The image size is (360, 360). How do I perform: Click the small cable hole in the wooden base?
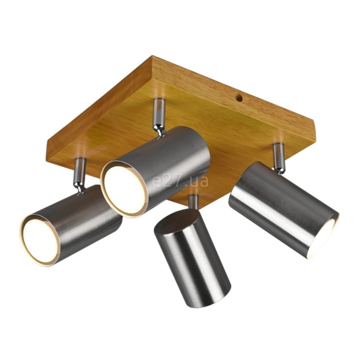pyautogui.click(x=239, y=98)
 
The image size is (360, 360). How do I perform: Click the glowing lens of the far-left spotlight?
pyautogui.click(x=40, y=240)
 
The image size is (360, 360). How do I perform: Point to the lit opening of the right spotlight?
pyautogui.click(x=324, y=239)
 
